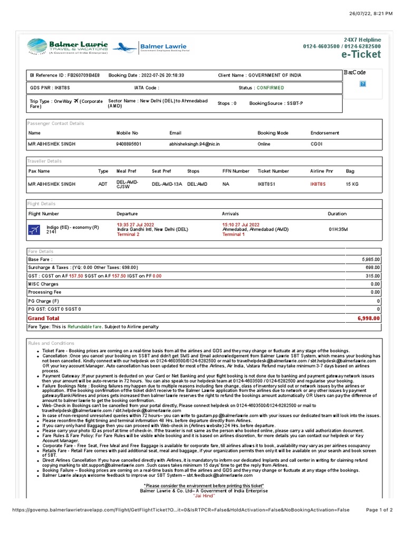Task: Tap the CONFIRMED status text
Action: (x=270, y=88)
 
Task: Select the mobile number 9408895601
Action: (x=129, y=143)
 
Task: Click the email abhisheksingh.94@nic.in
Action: (x=194, y=143)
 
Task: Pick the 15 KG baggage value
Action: (x=352, y=184)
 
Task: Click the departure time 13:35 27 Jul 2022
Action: (x=136, y=225)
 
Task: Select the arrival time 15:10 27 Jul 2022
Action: (x=241, y=225)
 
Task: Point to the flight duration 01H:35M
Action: (x=338, y=229)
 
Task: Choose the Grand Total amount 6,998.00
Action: (x=368, y=319)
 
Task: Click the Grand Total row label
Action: (x=44, y=319)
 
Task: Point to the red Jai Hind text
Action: (x=204, y=496)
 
